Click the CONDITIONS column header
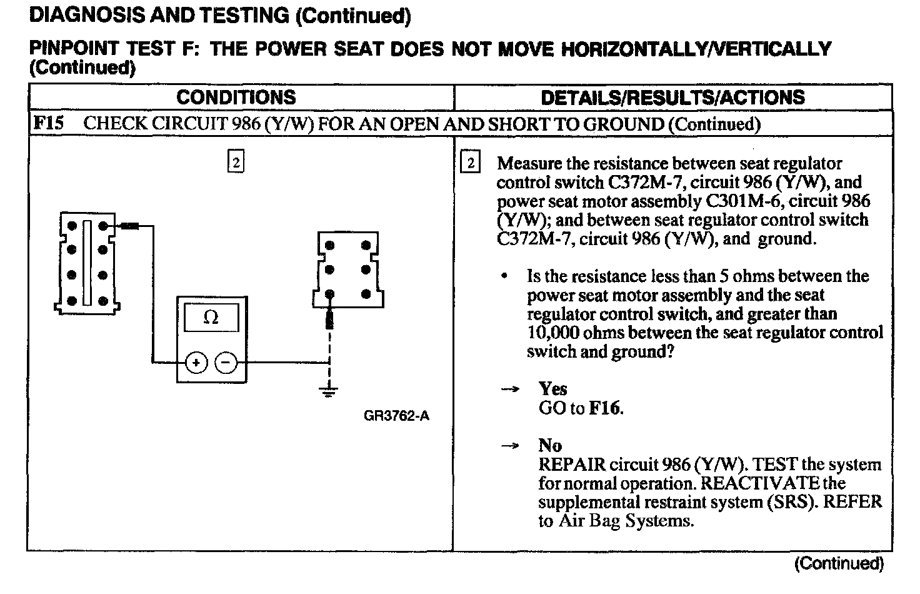click(x=236, y=98)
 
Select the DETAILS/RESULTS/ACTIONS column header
click(x=672, y=98)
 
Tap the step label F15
click(x=48, y=123)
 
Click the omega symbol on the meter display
click(x=211, y=318)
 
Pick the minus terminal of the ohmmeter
click(x=226, y=362)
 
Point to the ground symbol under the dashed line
click(x=329, y=391)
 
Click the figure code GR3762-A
click(x=396, y=416)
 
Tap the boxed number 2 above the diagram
click(x=235, y=162)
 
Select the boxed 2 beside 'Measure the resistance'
click(x=470, y=163)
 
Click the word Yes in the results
click(x=552, y=390)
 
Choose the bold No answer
click(x=550, y=446)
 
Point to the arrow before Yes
click(x=510, y=390)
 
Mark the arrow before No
click(x=510, y=446)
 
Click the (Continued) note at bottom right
click(x=839, y=563)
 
